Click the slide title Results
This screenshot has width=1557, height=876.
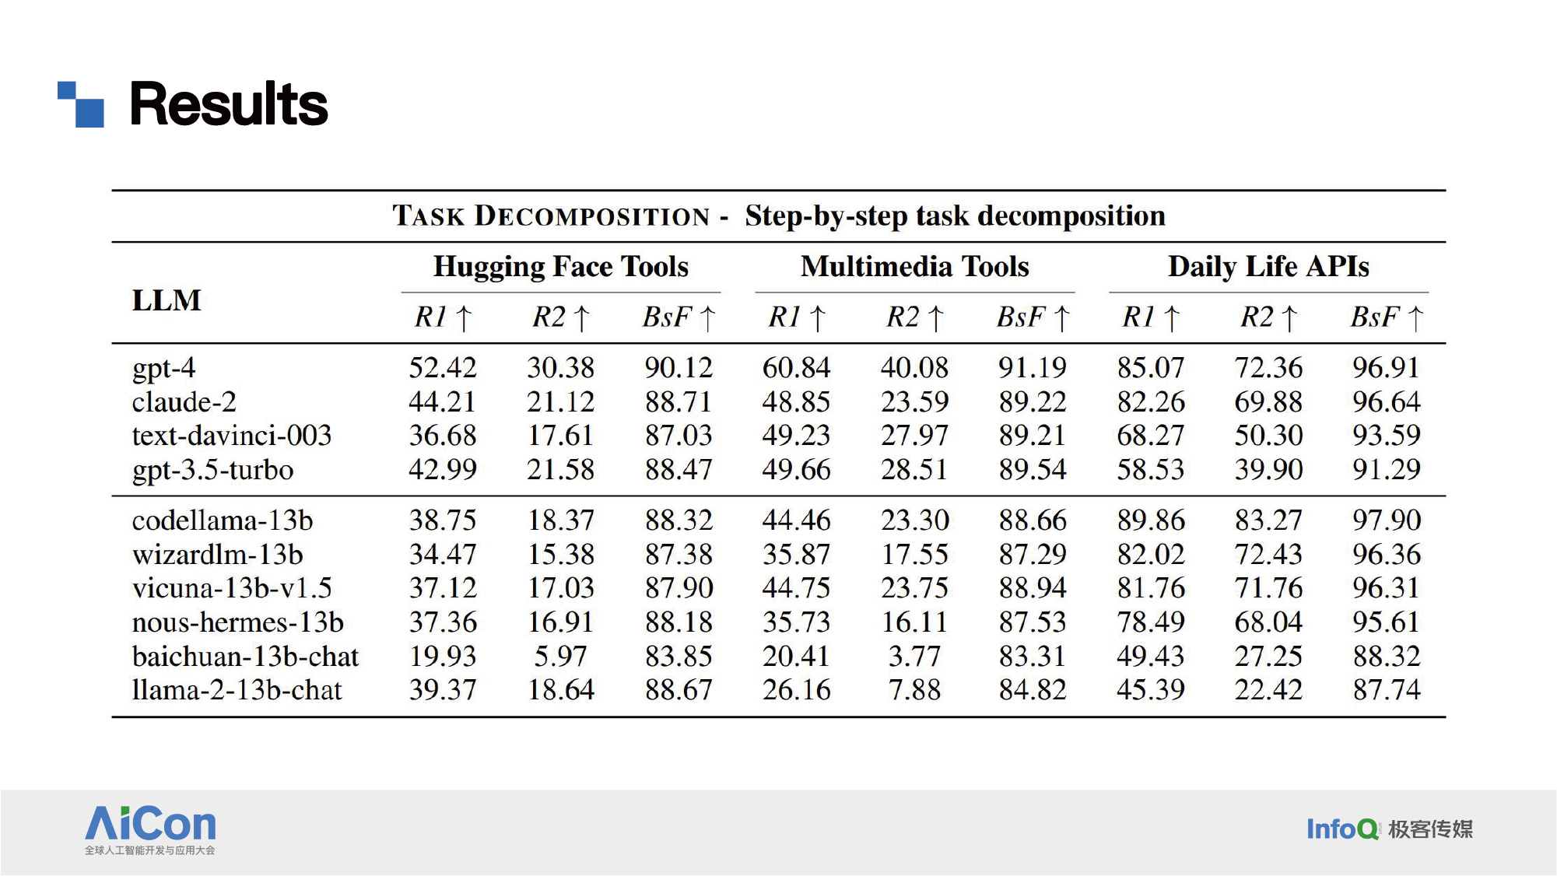tap(228, 104)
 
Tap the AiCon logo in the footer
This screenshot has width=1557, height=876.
tap(150, 829)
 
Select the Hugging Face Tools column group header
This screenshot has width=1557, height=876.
tap(560, 267)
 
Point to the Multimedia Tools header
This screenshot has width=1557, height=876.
tap(914, 266)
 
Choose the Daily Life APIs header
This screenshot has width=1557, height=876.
tap(1268, 266)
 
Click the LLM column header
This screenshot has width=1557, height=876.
tap(167, 300)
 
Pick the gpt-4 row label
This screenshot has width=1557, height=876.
tap(163, 368)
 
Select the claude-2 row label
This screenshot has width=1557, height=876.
tap(184, 401)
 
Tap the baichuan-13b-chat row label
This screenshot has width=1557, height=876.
tap(245, 657)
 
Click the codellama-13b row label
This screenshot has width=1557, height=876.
tap(222, 520)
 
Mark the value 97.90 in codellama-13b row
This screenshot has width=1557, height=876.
tap(1386, 520)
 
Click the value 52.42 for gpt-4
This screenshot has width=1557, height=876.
tap(443, 367)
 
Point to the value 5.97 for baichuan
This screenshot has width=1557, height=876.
tap(560, 657)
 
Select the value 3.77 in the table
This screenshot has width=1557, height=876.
tap(914, 657)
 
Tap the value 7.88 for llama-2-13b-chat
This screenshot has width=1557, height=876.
tap(914, 690)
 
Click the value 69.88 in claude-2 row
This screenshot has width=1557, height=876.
tap(1268, 401)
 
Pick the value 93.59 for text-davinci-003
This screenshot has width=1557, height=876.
tap(1386, 435)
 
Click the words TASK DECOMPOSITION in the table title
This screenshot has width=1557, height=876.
tap(551, 215)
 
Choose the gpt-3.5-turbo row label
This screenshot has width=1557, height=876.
tap(212, 470)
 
